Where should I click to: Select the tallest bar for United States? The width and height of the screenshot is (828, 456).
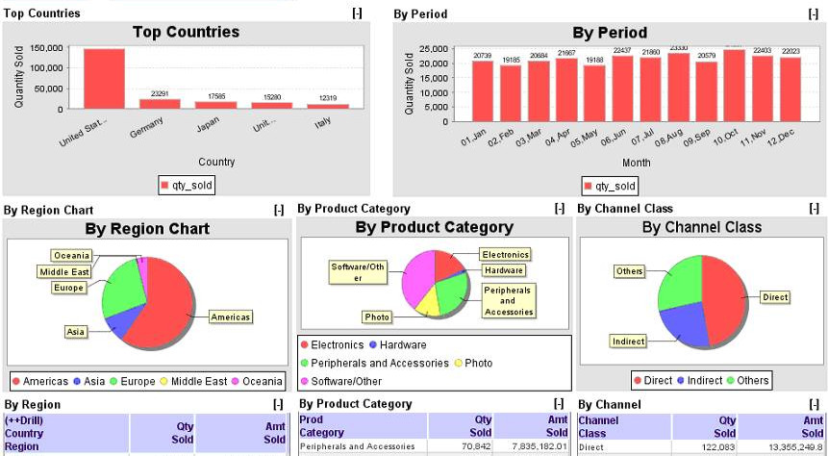(x=104, y=79)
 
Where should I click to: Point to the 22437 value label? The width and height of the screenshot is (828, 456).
(x=622, y=51)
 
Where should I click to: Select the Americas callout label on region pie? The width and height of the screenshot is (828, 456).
(x=231, y=316)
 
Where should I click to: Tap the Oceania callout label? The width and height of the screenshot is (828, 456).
(x=72, y=255)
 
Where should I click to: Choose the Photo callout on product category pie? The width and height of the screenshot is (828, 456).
(x=377, y=317)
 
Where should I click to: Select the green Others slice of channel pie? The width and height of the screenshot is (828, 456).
(x=678, y=284)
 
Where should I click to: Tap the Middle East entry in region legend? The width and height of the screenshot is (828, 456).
(x=201, y=381)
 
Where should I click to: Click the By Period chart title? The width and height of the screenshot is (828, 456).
(x=609, y=33)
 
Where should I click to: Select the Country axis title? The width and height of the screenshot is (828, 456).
(x=216, y=162)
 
